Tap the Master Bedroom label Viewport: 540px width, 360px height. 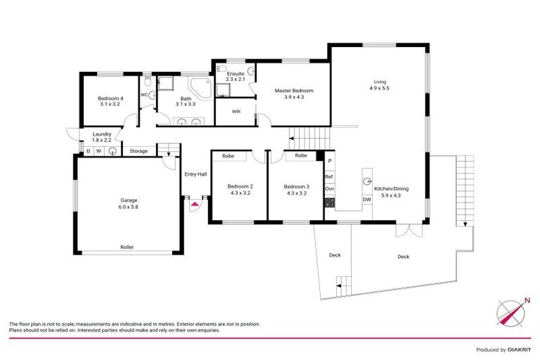pyautogui.click(x=293, y=91)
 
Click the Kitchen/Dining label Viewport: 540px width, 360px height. pyautogui.click(x=391, y=189)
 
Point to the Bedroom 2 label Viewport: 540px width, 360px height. pyautogui.click(x=240, y=186)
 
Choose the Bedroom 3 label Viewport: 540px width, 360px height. pyautogui.click(x=296, y=186)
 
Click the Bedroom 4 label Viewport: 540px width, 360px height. pyautogui.click(x=110, y=98)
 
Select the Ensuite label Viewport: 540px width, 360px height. pyautogui.click(x=235, y=73)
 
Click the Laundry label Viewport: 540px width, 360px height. pyautogui.click(x=102, y=135)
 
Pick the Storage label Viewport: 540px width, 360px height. pyautogui.click(x=139, y=151)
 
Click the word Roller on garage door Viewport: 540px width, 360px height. pyautogui.click(x=127, y=247)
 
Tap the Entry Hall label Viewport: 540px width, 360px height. pyautogui.click(x=195, y=174)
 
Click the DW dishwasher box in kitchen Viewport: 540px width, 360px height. pyautogui.click(x=366, y=200)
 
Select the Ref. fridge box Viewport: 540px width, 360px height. pyautogui.click(x=329, y=176)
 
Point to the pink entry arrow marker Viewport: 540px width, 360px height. pyautogui.click(x=195, y=204)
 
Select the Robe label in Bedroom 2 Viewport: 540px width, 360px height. pyautogui.click(x=228, y=155)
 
